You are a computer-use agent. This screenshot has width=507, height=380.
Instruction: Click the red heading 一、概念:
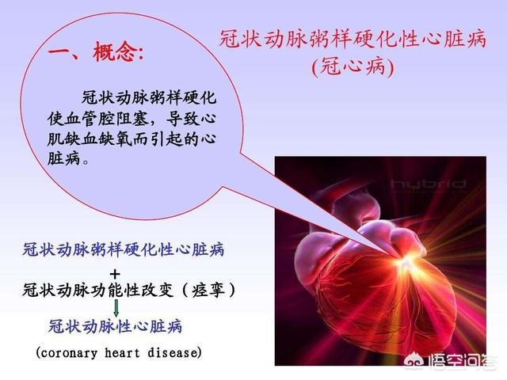96,51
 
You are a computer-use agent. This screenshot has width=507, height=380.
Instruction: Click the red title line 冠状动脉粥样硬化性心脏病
353,40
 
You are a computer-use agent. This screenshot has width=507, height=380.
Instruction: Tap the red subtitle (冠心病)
353,67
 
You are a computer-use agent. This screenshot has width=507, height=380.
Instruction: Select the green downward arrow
116,308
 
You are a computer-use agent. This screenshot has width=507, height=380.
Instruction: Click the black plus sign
115,275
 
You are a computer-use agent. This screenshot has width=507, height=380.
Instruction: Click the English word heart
122,352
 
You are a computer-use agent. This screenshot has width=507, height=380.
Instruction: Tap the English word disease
172,352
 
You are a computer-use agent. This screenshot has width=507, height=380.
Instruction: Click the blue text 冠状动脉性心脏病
115,326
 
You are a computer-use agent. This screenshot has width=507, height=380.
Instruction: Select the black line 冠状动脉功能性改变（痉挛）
129,290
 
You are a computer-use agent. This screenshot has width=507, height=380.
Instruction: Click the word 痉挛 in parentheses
208,290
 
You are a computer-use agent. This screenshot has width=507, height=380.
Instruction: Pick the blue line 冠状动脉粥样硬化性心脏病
124,250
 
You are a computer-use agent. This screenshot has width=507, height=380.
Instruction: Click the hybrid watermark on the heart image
428,184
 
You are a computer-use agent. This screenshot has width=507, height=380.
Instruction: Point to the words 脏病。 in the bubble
67,159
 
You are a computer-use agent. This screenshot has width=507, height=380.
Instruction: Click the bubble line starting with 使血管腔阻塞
132,119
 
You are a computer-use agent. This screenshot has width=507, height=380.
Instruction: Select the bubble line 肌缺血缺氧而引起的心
132,139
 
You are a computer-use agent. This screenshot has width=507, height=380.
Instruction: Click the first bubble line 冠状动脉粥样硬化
149,97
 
